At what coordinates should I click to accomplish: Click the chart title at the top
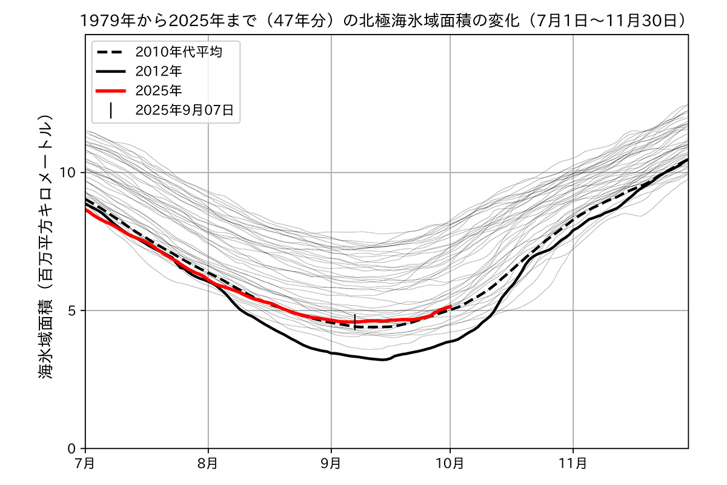[x=386, y=20]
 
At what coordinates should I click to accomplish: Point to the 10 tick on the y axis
[x=71, y=173]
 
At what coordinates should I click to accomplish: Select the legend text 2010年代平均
[x=179, y=52]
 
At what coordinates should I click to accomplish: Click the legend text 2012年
[x=159, y=71]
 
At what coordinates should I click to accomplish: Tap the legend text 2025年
[x=159, y=90]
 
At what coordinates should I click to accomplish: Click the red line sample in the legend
[x=110, y=90]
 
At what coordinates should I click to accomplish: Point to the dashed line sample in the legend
[x=110, y=52]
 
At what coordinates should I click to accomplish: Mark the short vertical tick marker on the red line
[x=354, y=321]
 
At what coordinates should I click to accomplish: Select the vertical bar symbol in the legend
[x=110, y=110]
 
